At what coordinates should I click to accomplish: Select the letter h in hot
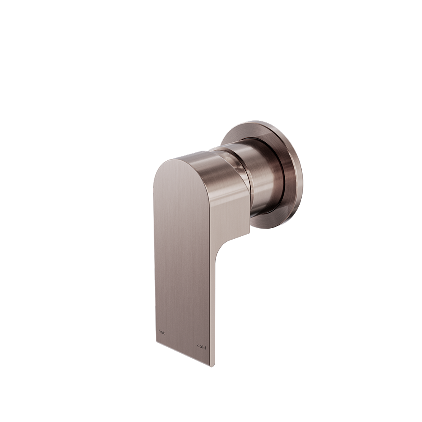159,331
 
